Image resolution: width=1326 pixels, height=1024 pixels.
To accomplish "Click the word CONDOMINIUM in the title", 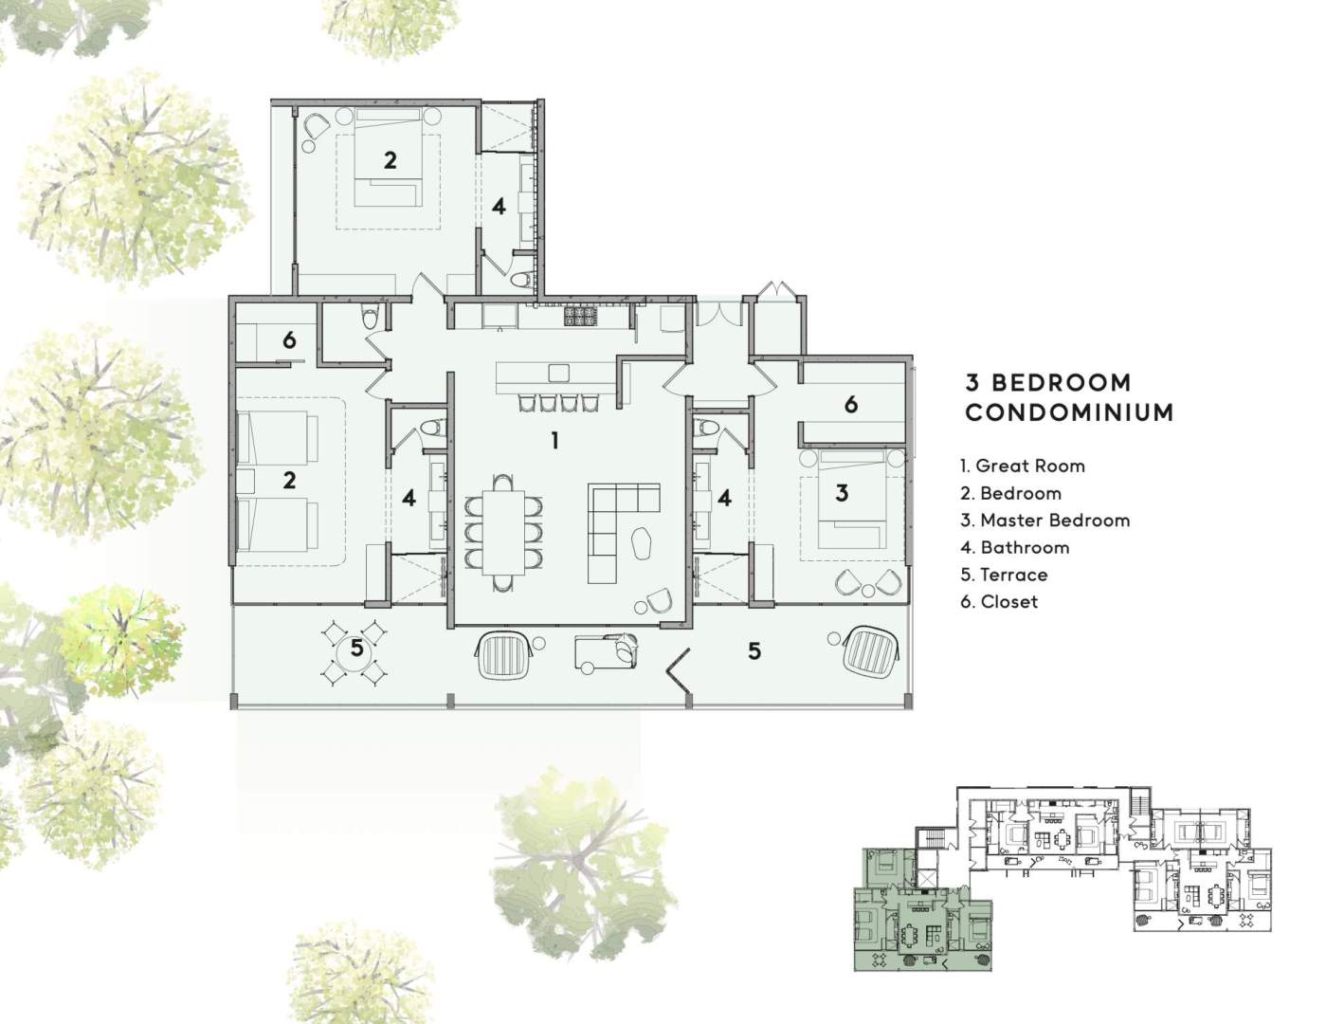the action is click(1069, 412).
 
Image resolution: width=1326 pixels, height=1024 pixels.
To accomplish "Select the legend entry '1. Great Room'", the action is click(1022, 466).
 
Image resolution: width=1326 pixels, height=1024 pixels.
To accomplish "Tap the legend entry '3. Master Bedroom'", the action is click(1044, 521).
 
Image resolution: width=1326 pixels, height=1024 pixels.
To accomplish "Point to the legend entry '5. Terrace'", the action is click(1004, 575).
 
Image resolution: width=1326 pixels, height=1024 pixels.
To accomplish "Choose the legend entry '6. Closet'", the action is click(999, 602).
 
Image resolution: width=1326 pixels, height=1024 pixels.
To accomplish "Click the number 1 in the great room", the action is click(554, 440).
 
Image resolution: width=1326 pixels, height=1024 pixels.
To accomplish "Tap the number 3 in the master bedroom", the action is click(842, 492).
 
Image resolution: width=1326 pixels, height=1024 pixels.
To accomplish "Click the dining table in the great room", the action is click(502, 532).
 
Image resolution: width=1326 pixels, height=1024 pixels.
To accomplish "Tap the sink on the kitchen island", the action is click(558, 373).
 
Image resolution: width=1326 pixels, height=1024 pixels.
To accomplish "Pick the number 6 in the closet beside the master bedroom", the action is click(851, 404).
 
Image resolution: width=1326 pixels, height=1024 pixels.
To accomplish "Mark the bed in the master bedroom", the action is click(850, 499).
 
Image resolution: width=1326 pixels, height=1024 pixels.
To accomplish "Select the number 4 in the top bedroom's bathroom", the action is click(499, 207).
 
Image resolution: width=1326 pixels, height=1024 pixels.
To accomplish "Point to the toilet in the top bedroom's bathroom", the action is click(520, 280).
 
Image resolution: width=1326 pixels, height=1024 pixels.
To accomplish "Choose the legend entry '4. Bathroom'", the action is click(1015, 547).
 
